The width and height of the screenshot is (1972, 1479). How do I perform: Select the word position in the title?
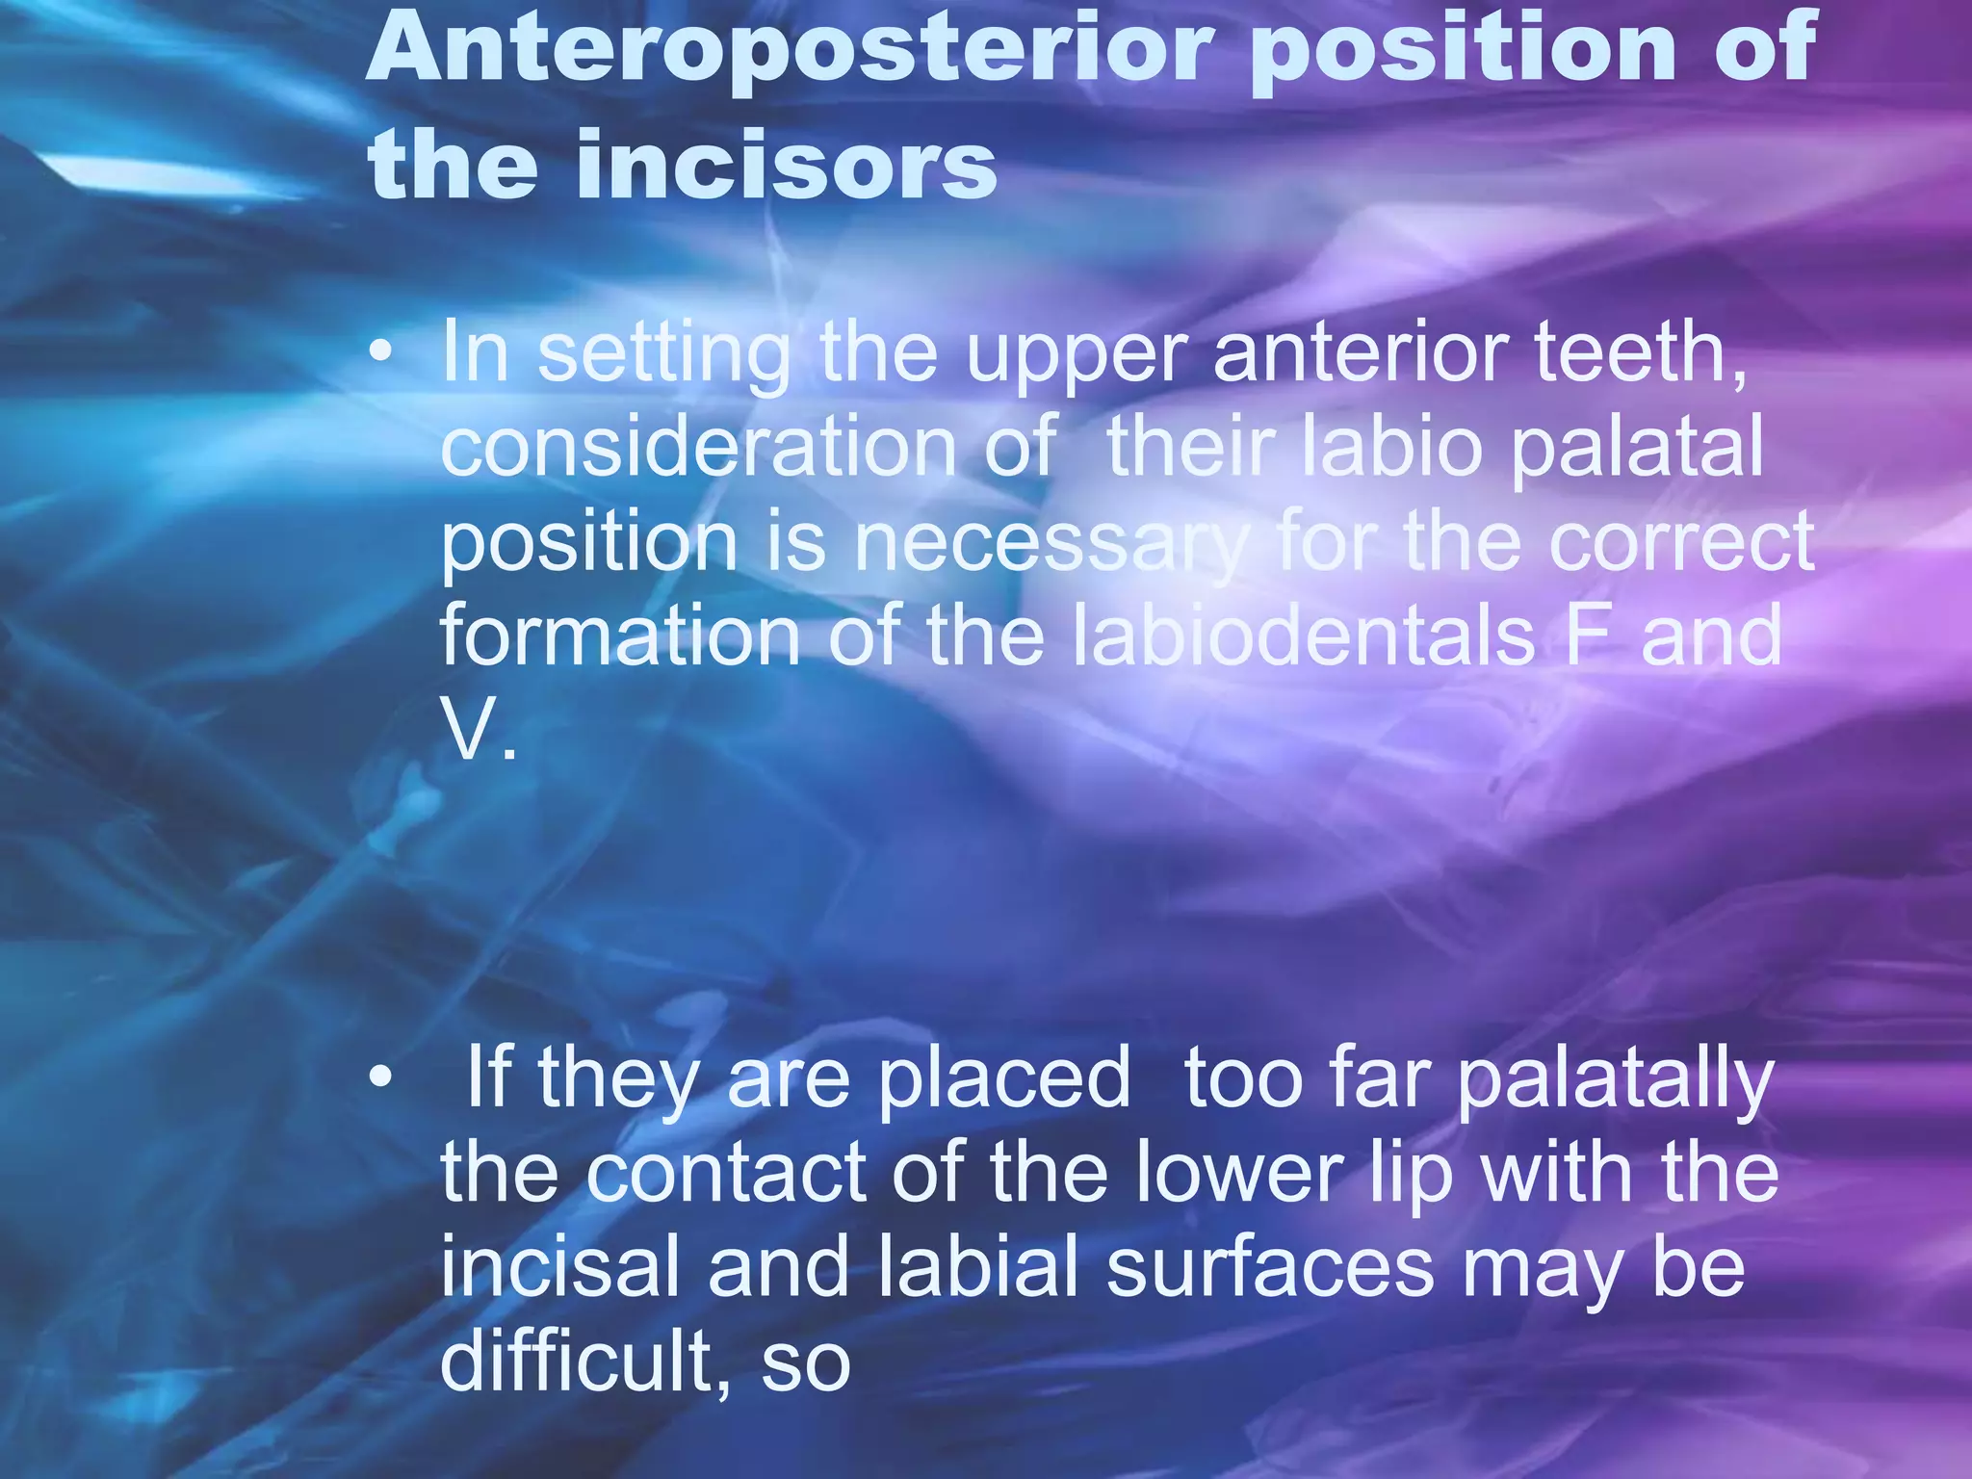tap(1463, 50)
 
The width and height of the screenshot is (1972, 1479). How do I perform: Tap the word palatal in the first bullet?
tap(1636, 448)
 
